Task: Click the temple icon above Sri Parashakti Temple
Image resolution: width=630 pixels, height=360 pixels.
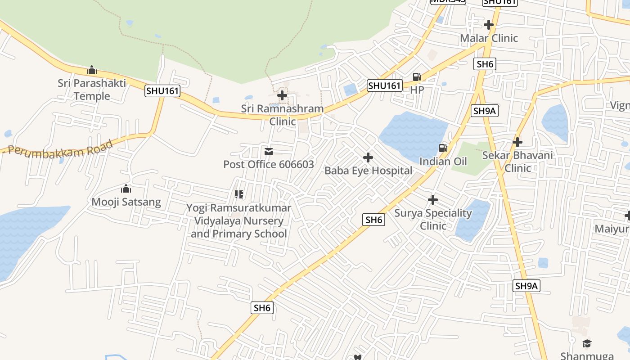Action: (92, 70)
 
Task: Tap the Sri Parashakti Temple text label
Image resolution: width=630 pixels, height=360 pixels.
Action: (92, 90)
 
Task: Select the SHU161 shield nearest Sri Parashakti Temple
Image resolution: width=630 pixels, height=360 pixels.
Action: (162, 91)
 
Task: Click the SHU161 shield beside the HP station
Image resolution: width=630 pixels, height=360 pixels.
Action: (384, 85)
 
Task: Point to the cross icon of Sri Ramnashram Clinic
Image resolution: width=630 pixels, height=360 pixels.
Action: (282, 95)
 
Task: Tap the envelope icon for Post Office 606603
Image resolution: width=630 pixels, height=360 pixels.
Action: (269, 152)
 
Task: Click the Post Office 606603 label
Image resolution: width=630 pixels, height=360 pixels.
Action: (269, 164)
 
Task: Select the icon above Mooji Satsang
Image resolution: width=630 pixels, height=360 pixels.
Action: (126, 189)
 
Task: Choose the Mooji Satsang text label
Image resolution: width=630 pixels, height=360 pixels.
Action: (126, 202)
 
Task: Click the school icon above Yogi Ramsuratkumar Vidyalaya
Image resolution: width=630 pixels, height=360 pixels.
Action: (239, 194)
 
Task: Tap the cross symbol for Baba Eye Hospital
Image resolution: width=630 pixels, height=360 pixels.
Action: (368, 157)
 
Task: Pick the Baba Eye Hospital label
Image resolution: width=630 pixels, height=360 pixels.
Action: (368, 171)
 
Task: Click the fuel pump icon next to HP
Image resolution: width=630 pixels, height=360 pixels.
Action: (417, 77)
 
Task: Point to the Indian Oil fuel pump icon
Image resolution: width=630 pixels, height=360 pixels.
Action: (443, 148)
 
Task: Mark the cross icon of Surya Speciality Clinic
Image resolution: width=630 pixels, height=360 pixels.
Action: (433, 199)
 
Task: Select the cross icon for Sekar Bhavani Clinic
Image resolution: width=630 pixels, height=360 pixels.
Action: (517, 142)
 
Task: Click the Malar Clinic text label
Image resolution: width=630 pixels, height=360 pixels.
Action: (489, 38)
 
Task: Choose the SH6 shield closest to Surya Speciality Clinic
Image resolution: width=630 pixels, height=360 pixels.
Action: (373, 220)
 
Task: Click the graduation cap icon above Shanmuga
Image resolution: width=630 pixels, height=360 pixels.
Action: (587, 344)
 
